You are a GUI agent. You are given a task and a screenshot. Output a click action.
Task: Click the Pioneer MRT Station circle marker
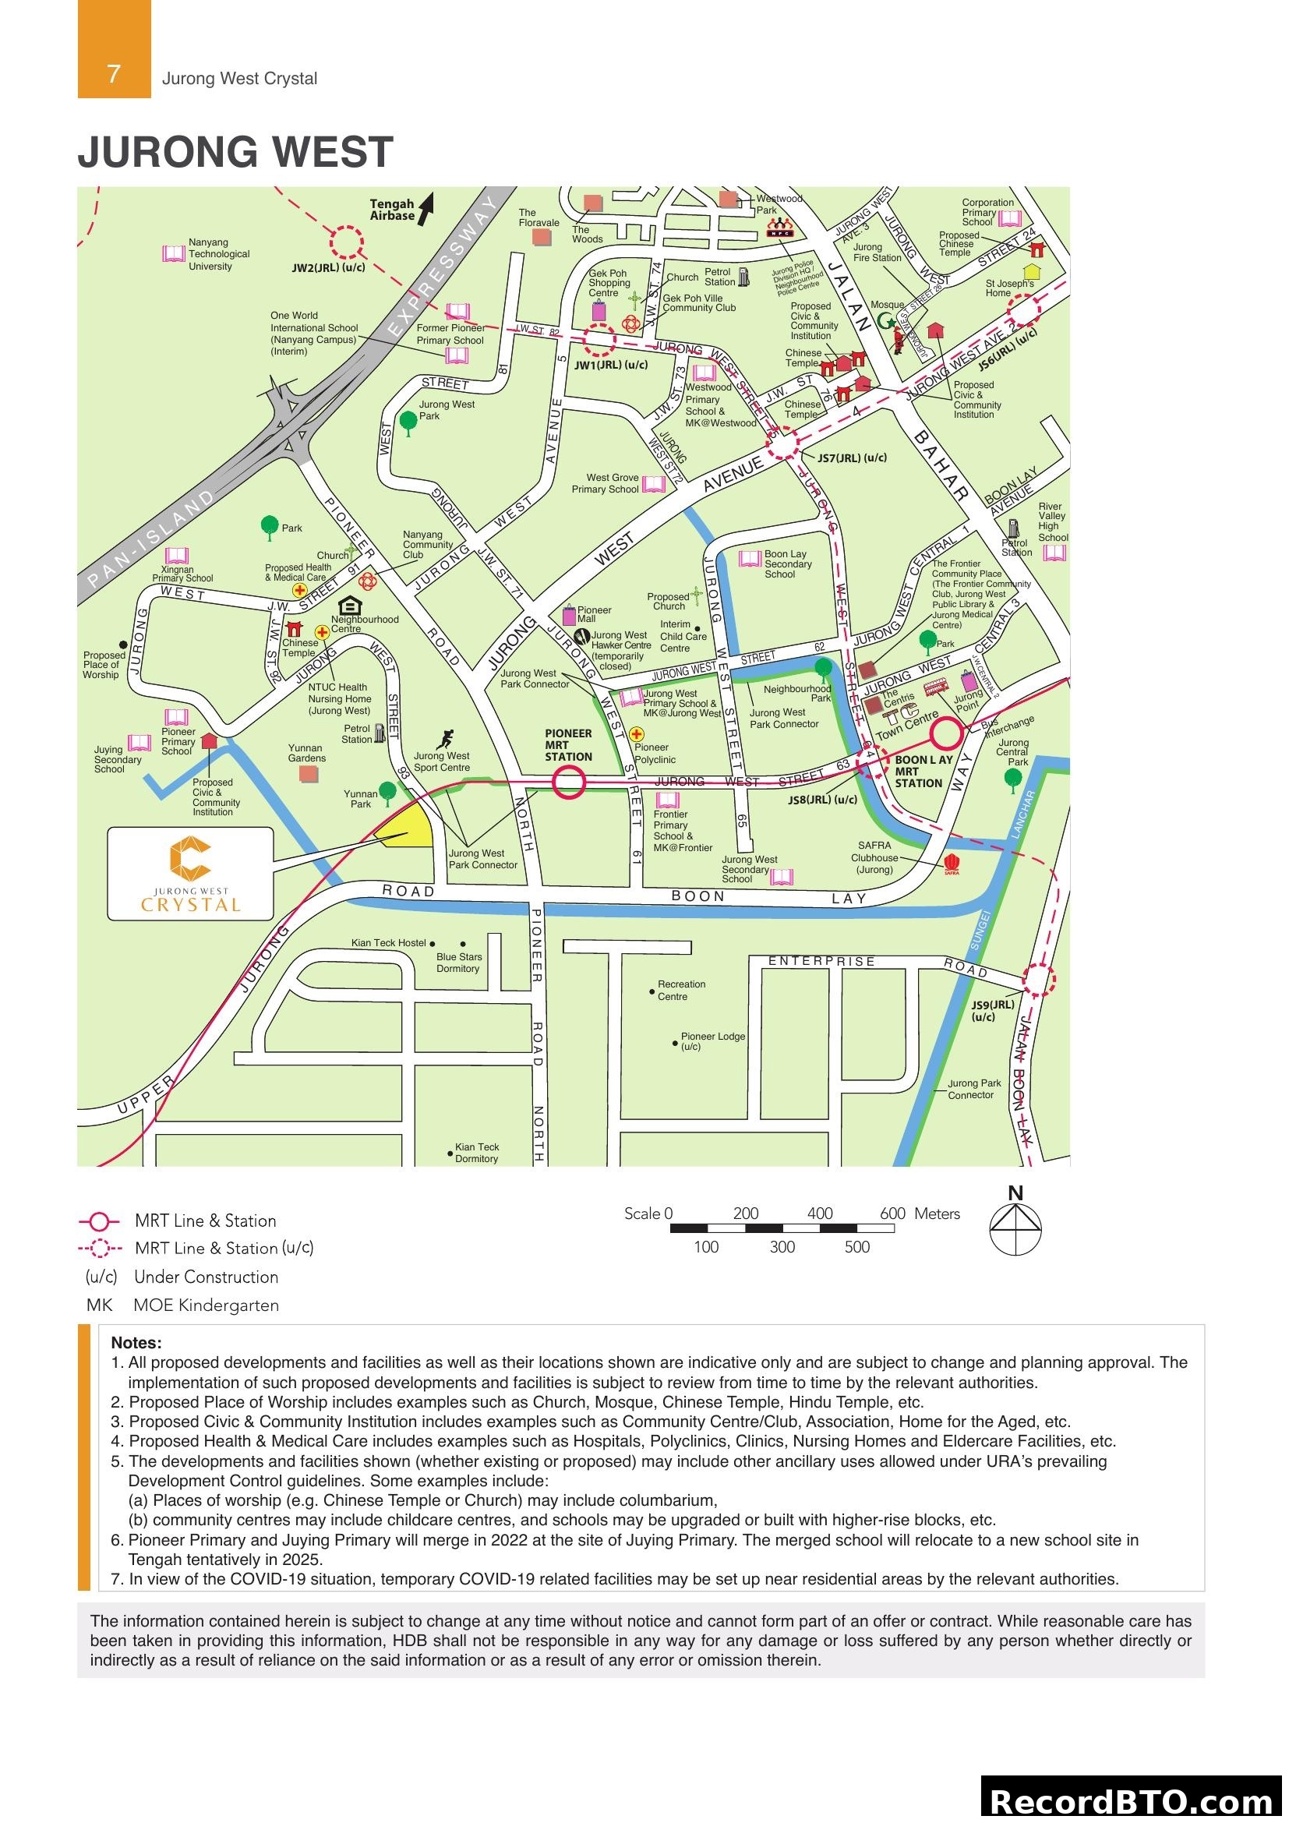(x=568, y=783)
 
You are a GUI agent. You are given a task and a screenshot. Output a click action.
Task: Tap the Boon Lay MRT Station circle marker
(x=945, y=733)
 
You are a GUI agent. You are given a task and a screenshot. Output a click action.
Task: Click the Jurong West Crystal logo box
(x=190, y=874)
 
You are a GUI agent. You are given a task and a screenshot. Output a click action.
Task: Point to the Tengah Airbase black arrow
(x=426, y=208)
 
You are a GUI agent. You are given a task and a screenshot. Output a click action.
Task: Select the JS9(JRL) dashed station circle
(x=1038, y=980)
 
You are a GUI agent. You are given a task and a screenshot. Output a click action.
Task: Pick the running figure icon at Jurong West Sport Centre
(x=445, y=739)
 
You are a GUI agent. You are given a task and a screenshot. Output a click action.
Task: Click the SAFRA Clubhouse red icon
(x=951, y=863)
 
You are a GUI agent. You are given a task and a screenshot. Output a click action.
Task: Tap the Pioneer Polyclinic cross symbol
(x=637, y=734)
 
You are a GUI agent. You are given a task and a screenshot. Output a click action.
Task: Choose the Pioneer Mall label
(x=594, y=613)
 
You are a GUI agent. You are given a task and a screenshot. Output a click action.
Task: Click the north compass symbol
(x=1015, y=1228)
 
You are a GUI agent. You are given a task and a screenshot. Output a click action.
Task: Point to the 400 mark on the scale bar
(x=820, y=1214)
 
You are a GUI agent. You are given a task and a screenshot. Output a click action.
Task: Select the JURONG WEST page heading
(x=235, y=153)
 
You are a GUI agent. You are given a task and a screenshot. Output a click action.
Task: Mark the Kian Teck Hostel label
(x=389, y=943)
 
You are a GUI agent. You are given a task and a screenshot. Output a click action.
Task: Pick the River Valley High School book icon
(x=1054, y=553)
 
